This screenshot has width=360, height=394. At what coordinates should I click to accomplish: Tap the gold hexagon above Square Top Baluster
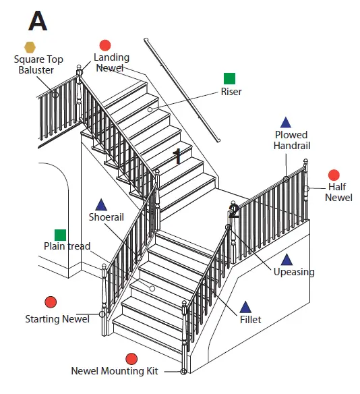click(30, 47)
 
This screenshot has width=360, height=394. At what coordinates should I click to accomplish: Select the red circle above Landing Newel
click(105, 45)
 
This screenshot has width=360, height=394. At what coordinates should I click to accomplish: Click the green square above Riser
click(230, 78)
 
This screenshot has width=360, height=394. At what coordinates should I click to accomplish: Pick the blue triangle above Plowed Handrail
click(286, 123)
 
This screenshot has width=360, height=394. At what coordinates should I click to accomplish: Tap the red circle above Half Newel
click(334, 175)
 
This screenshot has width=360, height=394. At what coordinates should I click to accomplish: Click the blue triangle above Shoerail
click(101, 204)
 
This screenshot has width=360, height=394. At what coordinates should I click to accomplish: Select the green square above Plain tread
click(60, 235)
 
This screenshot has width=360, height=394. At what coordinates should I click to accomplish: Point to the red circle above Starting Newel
click(51, 302)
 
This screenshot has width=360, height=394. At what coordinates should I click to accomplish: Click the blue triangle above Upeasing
click(287, 260)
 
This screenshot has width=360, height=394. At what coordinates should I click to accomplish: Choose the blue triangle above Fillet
click(246, 307)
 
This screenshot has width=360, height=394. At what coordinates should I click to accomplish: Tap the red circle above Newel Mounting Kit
click(131, 358)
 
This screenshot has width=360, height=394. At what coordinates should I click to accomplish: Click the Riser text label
click(231, 92)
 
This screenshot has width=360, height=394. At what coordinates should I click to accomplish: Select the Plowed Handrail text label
click(291, 140)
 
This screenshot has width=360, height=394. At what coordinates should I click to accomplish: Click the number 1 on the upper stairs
click(177, 157)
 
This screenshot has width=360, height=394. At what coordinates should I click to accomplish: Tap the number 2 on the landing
click(234, 211)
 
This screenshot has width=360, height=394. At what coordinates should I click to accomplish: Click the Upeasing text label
click(293, 273)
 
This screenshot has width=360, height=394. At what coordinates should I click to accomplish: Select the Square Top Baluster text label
click(38, 65)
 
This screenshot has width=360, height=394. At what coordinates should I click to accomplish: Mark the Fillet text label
click(250, 320)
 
